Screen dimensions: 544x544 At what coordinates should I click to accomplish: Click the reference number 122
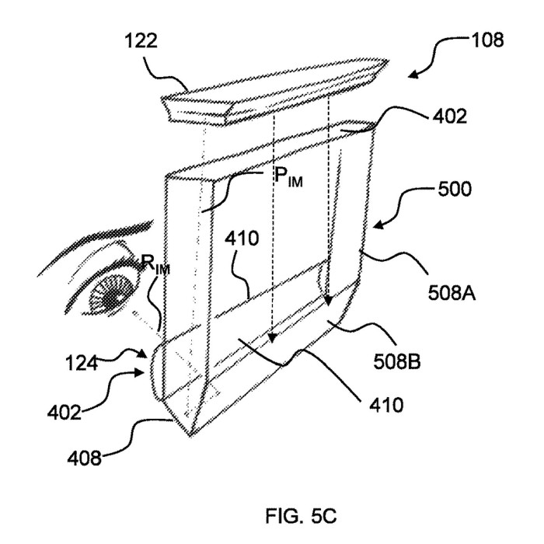[141, 40]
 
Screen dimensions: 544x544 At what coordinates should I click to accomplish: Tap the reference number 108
[487, 40]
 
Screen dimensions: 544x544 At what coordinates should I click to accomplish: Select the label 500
[455, 190]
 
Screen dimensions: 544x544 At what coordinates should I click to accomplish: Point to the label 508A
[452, 293]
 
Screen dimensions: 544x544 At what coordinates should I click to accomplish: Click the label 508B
[397, 361]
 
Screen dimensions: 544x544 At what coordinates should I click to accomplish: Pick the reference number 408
[84, 458]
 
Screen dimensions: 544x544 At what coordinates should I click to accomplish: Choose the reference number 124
[82, 364]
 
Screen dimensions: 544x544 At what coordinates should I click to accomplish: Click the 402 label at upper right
[450, 117]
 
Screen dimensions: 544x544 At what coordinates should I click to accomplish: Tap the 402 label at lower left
[65, 413]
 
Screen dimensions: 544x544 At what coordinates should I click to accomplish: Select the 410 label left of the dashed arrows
[242, 239]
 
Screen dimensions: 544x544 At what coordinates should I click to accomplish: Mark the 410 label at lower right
[386, 405]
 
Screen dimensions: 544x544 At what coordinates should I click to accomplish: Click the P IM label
[288, 177]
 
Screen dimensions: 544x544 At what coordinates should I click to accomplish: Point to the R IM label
[155, 265]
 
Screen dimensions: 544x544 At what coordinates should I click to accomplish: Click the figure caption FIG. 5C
[301, 516]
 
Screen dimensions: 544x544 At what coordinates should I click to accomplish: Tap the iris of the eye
[112, 293]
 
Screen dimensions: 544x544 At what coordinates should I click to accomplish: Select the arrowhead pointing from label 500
[378, 225]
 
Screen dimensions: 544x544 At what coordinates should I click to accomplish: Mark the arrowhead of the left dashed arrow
[273, 337]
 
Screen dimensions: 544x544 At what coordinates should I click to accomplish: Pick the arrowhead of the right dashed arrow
[328, 300]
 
